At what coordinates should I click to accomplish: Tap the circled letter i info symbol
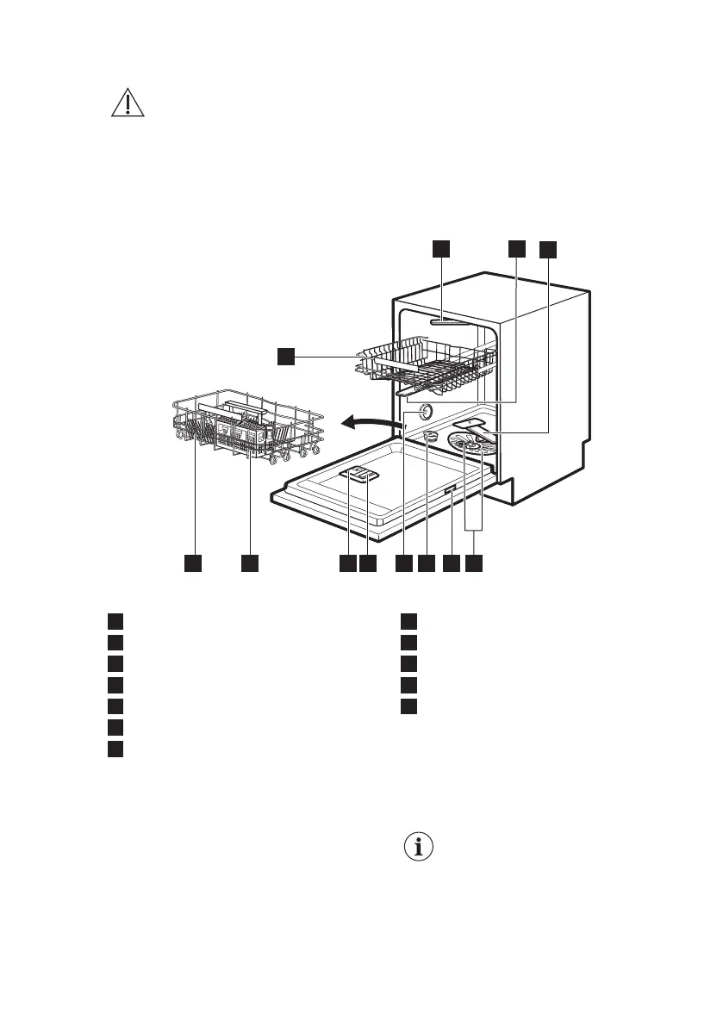click(x=420, y=847)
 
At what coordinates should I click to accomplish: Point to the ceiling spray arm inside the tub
click(x=445, y=321)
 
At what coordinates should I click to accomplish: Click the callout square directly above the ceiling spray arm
click(x=440, y=248)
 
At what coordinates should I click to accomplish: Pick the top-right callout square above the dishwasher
click(x=548, y=249)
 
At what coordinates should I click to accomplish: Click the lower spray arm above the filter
click(x=473, y=426)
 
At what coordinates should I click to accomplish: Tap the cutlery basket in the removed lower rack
click(x=240, y=432)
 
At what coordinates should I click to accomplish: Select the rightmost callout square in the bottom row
click(x=475, y=563)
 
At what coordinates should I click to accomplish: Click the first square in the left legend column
click(x=116, y=621)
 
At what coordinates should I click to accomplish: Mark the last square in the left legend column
click(x=116, y=749)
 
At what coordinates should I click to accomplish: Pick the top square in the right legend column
click(x=409, y=621)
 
